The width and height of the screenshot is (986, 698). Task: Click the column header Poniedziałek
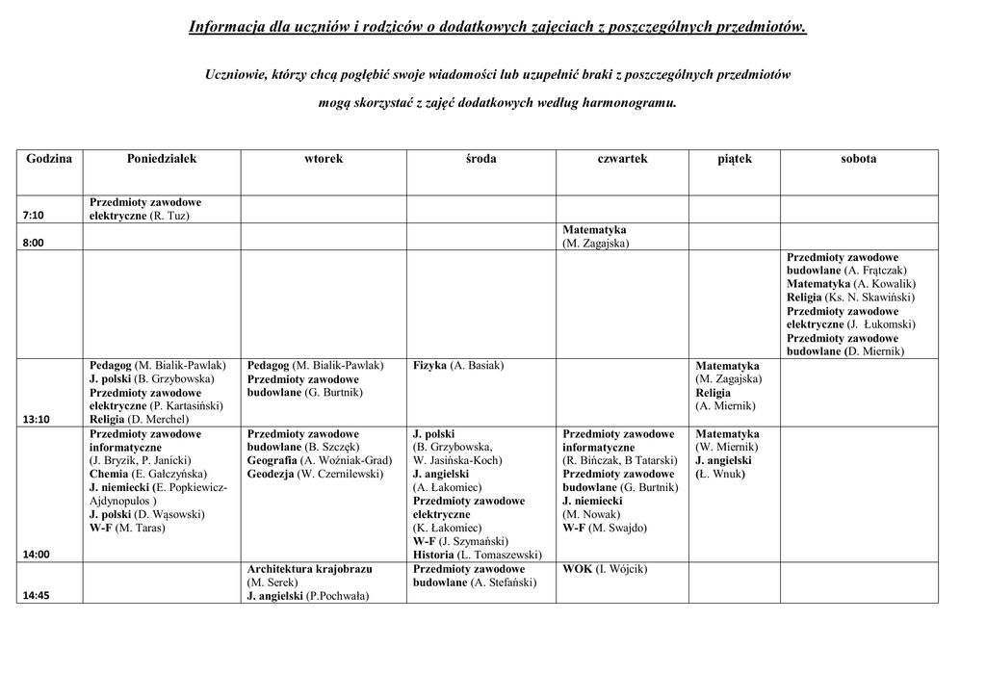[162, 159]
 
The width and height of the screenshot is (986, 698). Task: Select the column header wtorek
[324, 159]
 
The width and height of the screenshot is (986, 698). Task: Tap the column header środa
[480, 159]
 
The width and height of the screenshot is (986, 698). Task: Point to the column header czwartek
[622, 159]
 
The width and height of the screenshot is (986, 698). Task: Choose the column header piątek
[735, 159]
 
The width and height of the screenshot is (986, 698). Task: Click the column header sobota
[858, 159]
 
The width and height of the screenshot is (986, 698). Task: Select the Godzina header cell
[49, 159]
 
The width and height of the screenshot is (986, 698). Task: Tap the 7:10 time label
[34, 216]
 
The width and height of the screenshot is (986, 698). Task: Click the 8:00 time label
[34, 244]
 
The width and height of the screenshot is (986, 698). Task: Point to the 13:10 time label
[36, 420]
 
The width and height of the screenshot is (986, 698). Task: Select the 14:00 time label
[36, 555]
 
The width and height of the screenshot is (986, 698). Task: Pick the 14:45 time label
[36, 596]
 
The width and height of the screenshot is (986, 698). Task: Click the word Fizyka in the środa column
[429, 366]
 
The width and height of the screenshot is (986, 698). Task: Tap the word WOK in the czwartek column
[578, 570]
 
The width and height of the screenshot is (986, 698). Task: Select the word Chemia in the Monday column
[109, 475]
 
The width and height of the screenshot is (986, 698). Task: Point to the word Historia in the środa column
[434, 555]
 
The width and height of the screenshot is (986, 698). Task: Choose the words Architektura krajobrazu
[309, 570]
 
